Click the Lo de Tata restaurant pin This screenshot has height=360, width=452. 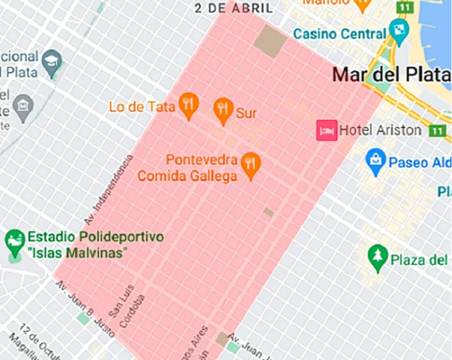coord(188,105)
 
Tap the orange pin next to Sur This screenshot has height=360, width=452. coord(222,109)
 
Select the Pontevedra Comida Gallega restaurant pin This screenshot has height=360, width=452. coord(251,164)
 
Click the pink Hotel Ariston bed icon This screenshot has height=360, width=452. coord(327,130)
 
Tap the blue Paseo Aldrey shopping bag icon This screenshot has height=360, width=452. coord(375,159)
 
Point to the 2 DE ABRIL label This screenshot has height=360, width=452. coord(234,8)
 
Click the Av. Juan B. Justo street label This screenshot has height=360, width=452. coord(85,309)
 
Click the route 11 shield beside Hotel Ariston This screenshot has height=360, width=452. coord(437,131)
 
